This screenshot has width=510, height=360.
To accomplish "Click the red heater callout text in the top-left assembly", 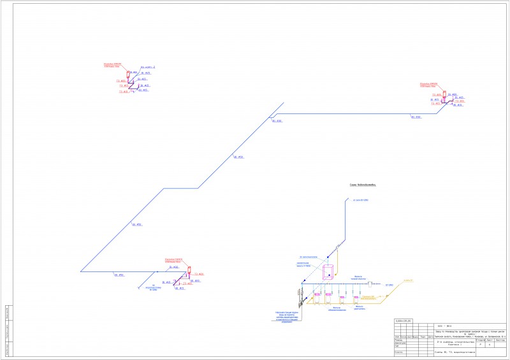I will [x=112, y=64].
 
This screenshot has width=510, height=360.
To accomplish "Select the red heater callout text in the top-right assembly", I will [x=428, y=83].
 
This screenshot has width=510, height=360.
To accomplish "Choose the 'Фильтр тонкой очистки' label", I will [x=361, y=278].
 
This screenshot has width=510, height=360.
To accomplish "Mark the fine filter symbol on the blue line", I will [x=370, y=284].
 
